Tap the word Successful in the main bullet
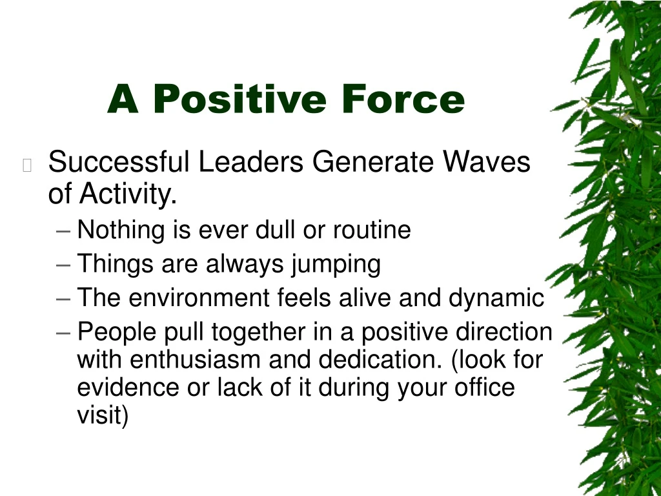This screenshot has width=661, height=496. pyautogui.click(x=119, y=162)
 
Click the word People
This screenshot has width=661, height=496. pyautogui.click(x=117, y=333)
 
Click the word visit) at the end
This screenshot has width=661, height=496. pyautogui.click(x=103, y=415)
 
